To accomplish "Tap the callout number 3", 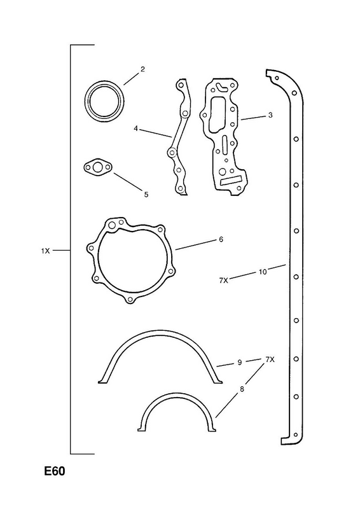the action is [270, 115].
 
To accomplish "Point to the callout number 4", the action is [135, 129].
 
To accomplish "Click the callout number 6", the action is [221, 240].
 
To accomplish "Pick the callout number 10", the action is [263, 272].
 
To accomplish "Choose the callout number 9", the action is [240, 362].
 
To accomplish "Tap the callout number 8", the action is [242, 389].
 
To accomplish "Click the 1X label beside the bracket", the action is [45, 251].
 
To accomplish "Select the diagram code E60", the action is [55, 471].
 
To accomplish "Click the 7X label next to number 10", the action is [224, 281].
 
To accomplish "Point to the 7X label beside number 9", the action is [270, 359].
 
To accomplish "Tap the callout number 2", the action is [142, 69].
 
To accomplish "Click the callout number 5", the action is [146, 195].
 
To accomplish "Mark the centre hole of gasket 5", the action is [97, 167].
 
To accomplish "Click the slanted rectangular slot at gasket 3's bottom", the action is [231, 181].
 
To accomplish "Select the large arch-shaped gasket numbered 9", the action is [161, 332].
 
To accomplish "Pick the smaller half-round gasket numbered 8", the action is [177, 394].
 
